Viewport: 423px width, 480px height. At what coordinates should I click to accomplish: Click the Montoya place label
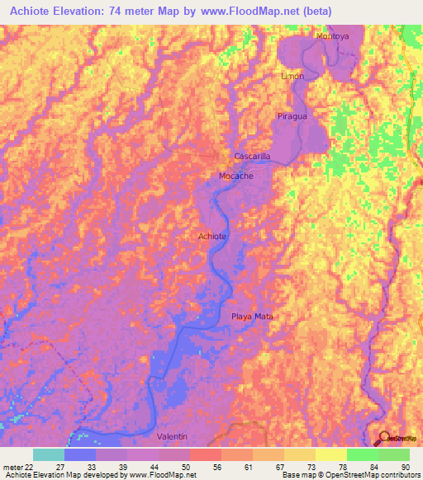coord(333,37)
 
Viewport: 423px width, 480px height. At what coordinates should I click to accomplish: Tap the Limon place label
coord(293,76)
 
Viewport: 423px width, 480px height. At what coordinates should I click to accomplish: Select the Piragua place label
coord(292,117)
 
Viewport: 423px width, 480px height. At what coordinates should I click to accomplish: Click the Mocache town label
coord(236,176)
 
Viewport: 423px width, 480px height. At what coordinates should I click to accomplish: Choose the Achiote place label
coord(212,237)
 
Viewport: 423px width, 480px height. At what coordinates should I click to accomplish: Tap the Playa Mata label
coord(251,317)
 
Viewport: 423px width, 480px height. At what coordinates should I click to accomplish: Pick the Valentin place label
coord(173,435)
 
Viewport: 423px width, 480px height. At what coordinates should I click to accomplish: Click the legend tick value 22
coord(31,466)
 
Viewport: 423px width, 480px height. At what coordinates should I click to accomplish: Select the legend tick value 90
coord(405,466)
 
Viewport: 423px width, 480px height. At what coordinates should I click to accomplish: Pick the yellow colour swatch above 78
coord(330,454)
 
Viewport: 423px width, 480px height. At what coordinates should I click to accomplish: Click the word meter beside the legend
coord(12,466)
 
